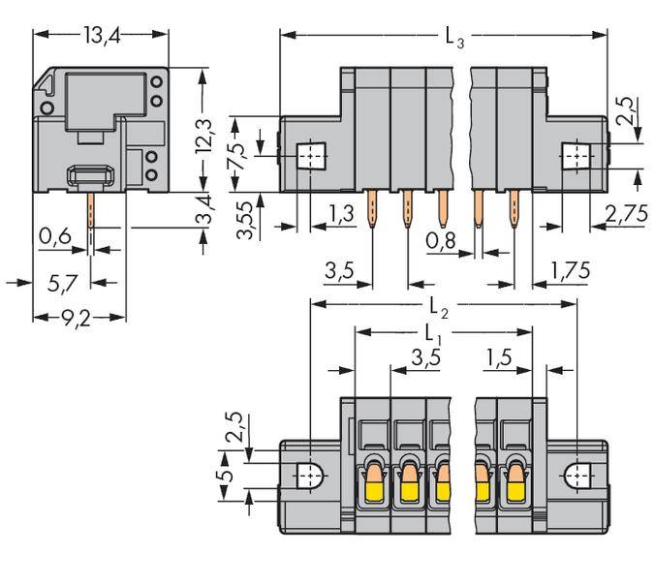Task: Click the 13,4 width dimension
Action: click(x=101, y=38)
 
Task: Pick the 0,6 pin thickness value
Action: click(x=54, y=235)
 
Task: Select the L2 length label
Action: click(x=442, y=309)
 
